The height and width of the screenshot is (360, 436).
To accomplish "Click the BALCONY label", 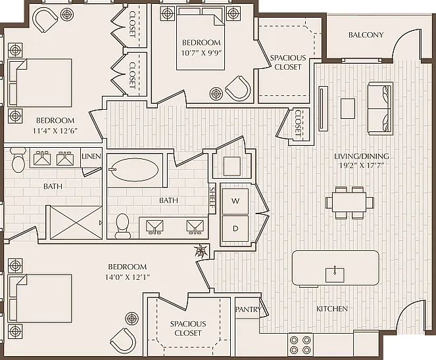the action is pyautogui.click(x=366, y=35).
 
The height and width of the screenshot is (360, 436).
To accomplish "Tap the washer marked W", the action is pyautogui.click(x=235, y=202).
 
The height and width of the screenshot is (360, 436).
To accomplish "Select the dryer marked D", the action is pyautogui.click(x=235, y=229).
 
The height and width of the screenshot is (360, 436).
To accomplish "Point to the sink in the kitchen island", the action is pyautogui.click(x=335, y=275).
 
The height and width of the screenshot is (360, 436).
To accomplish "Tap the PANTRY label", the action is pyautogui.click(x=248, y=309).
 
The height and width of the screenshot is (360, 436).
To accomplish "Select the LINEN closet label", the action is pyautogui.click(x=91, y=156).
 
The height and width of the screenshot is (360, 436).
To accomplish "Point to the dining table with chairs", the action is pyautogui.click(x=349, y=203).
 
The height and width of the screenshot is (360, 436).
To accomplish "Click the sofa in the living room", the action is pyautogui.click(x=380, y=108).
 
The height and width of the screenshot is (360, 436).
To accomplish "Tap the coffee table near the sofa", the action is pyautogui.click(x=348, y=109).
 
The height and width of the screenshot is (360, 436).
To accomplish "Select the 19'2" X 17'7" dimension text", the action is pyautogui.click(x=362, y=166).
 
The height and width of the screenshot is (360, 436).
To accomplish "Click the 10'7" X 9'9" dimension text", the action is pyautogui.click(x=201, y=53).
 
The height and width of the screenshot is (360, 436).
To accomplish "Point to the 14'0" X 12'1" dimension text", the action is pyautogui.click(x=128, y=277).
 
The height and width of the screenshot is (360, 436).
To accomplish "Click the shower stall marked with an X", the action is pyautogui.click(x=76, y=222).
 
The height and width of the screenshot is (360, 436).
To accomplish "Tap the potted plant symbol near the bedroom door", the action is pyautogui.click(x=201, y=251).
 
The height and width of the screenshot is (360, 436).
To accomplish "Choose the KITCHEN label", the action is pyautogui.click(x=332, y=309).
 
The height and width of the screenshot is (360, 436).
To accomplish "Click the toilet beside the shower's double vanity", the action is pyautogui.click(x=18, y=160).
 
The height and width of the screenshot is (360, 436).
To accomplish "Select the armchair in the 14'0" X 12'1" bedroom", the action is pyautogui.click(x=123, y=341).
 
